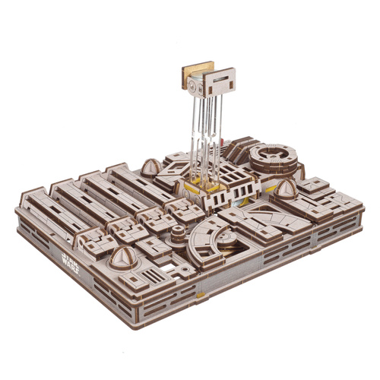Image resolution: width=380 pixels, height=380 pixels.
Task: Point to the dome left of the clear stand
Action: [150, 166]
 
